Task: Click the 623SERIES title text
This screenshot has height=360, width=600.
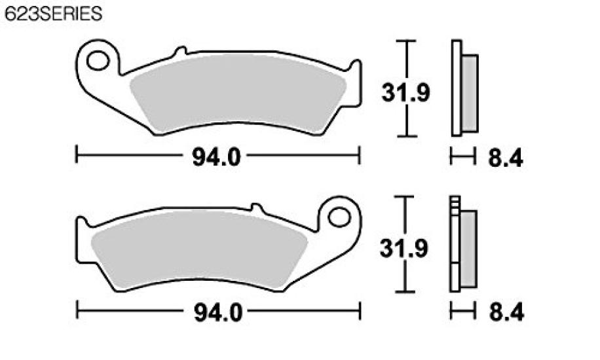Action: point(54,14)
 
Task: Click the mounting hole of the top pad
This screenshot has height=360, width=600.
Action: point(98,61)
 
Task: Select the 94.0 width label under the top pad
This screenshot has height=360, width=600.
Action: point(217,157)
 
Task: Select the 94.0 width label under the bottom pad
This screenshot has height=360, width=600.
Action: point(218,313)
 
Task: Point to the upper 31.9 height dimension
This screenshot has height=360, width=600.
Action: point(405,92)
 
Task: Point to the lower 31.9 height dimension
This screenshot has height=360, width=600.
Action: point(403,248)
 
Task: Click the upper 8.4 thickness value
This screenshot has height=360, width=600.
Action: point(506,158)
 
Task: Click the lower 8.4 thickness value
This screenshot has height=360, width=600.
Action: point(506,313)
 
